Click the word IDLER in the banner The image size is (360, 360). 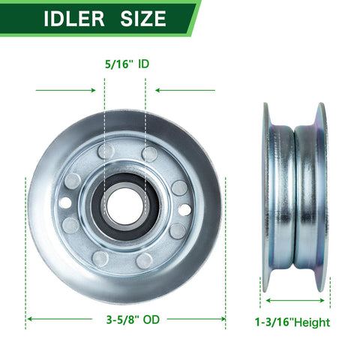(x=74, y=19)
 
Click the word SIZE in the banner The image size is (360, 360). (x=143, y=19)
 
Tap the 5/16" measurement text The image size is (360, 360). (x=118, y=64)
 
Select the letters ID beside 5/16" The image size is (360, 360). (x=144, y=64)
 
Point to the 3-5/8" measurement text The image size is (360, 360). (x=122, y=319)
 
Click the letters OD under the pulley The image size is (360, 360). (x=151, y=319)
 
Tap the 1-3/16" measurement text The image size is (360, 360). (x=274, y=322)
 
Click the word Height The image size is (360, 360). (x=312, y=322)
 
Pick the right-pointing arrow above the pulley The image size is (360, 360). (x=65, y=90)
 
